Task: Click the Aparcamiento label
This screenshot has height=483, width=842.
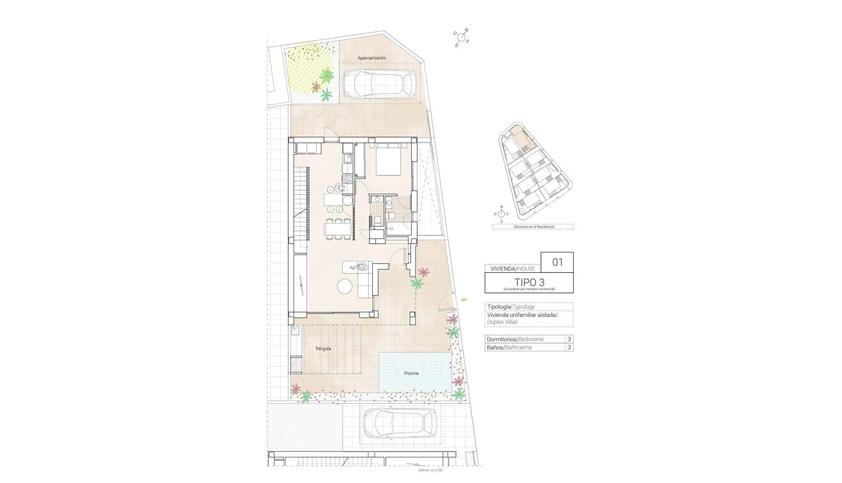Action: tap(372, 58)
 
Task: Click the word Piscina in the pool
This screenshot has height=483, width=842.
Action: tap(411, 373)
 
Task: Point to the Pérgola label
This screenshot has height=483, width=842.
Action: tap(323, 349)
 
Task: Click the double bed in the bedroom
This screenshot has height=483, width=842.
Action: tap(387, 160)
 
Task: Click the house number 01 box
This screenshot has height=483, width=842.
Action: tap(557, 261)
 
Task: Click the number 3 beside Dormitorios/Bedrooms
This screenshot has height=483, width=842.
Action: tap(568, 339)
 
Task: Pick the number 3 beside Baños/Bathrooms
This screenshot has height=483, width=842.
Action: tap(568, 348)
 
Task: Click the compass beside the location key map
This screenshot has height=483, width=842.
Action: tap(502, 214)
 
